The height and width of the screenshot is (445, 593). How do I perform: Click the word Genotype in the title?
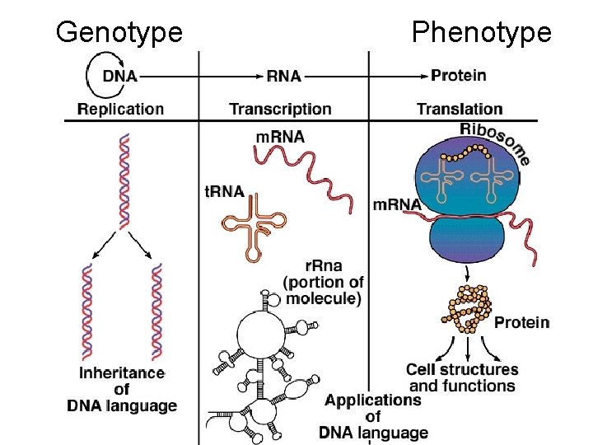coord(119,33)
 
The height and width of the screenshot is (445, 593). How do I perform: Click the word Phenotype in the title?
coord(481,33)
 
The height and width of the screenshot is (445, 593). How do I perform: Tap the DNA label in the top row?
coord(120,76)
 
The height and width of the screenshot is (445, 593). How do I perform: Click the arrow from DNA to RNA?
coord(202,76)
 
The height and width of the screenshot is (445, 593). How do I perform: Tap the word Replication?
coord(120,109)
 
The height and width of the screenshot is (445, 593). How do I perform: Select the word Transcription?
coord(280,109)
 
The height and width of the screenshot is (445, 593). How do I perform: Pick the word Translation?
coord(460,109)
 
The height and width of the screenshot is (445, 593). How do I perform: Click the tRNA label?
coord(224,192)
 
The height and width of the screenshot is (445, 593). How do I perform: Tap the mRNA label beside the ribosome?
coord(398,204)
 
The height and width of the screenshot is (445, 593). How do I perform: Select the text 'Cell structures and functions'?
coord(462,378)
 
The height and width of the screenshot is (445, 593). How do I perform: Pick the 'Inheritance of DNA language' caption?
coord(122,389)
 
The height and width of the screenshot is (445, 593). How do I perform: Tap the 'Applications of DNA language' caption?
coord(373,416)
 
